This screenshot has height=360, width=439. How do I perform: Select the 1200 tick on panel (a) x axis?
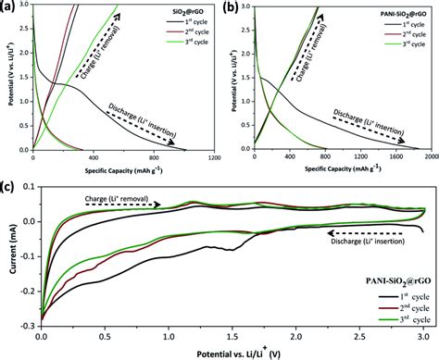tap(214, 155)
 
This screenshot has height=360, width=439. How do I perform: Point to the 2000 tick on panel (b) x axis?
tap(432, 155)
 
